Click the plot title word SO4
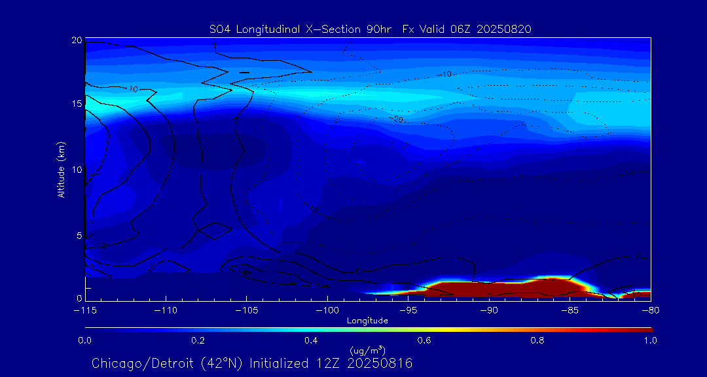pos(221,29)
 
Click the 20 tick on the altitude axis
pos(77,41)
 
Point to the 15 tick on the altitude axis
pos(77,104)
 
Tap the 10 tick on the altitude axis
pos(77,170)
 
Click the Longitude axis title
pos(367,321)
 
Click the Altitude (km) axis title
pos(62,170)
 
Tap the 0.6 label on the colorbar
pos(424,340)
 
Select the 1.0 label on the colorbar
pos(650,340)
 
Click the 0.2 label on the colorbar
pos(198,340)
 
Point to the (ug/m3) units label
pos(367,351)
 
